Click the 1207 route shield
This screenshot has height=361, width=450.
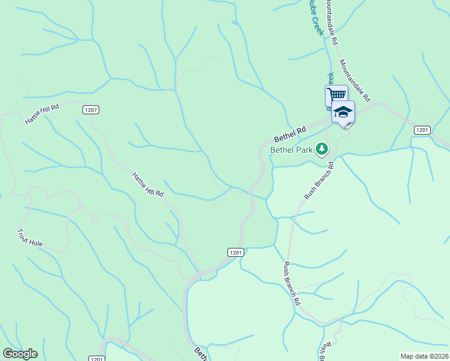(x=90, y=110)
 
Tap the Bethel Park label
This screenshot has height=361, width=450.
(x=292, y=150)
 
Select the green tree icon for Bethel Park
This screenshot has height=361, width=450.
(x=322, y=148)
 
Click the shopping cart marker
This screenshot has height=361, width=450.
(x=336, y=94)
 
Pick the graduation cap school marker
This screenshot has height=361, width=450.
(x=343, y=112)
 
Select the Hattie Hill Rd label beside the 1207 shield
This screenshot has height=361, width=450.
(x=42, y=114)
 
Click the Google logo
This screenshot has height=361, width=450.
(x=20, y=354)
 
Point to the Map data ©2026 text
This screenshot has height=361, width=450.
(x=424, y=356)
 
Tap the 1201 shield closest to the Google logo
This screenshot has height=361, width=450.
(x=96, y=359)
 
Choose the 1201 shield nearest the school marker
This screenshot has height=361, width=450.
(x=422, y=130)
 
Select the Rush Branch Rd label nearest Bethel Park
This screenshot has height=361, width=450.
(x=319, y=180)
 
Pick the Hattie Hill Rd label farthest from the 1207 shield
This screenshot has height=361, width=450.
(x=147, y=184)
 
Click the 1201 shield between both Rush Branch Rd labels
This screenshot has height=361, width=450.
(x=235, y=253)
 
